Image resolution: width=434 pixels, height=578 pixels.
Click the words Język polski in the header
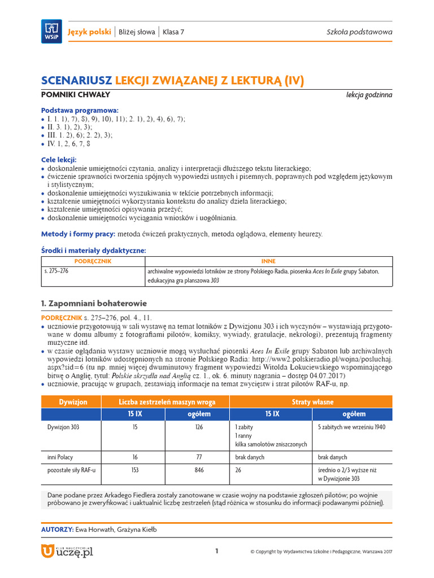coord(89,32)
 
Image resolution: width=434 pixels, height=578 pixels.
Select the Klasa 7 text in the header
coord(173,32)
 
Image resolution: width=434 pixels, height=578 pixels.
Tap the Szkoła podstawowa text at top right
coord(359,32)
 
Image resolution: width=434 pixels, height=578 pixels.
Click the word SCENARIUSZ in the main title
coord(77,81)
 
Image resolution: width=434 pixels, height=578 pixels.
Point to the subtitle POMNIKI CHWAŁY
coord(76,95)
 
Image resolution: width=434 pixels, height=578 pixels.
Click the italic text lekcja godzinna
coord(369,95)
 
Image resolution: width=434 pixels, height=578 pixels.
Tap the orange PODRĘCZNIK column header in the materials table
coord(93,261)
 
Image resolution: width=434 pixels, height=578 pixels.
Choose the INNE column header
coord(268,261)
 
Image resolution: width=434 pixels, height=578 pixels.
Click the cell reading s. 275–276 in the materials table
coord(57,272)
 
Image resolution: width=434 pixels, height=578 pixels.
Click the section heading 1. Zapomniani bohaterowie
coord(94,303)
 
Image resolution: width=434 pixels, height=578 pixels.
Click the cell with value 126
coord(199,427)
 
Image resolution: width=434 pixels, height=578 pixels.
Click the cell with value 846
coord(199,470)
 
